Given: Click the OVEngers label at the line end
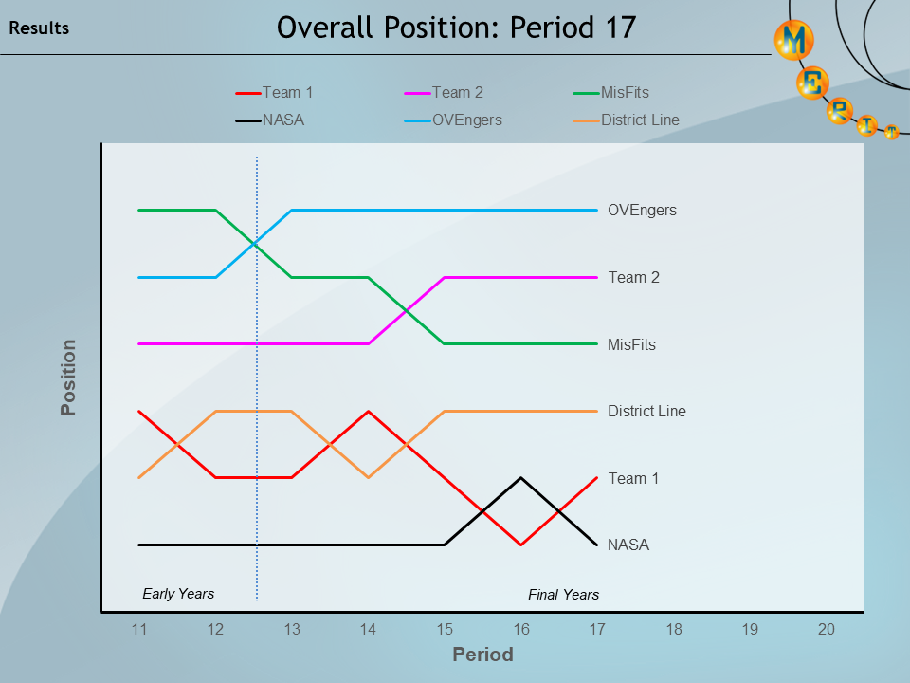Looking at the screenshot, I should (642, 211).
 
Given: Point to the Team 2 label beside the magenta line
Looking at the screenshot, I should (633, 278).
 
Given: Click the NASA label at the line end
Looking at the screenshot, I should (628, 545).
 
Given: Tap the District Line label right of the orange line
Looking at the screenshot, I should (646, 412).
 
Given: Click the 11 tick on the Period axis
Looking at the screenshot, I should (139, 629).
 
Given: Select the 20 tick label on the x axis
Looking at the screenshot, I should (826, 629).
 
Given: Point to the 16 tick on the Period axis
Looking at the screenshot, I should (520, 629).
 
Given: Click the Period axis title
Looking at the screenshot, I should (482, 655).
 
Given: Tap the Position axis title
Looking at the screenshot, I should (68, 378).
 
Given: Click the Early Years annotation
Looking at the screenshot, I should (178, 594).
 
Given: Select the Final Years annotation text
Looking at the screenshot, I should (563, 595).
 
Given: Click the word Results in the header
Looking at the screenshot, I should (39, 28).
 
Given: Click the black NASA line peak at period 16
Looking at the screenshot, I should (520, 478).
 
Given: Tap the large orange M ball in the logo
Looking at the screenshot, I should (794, 40).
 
